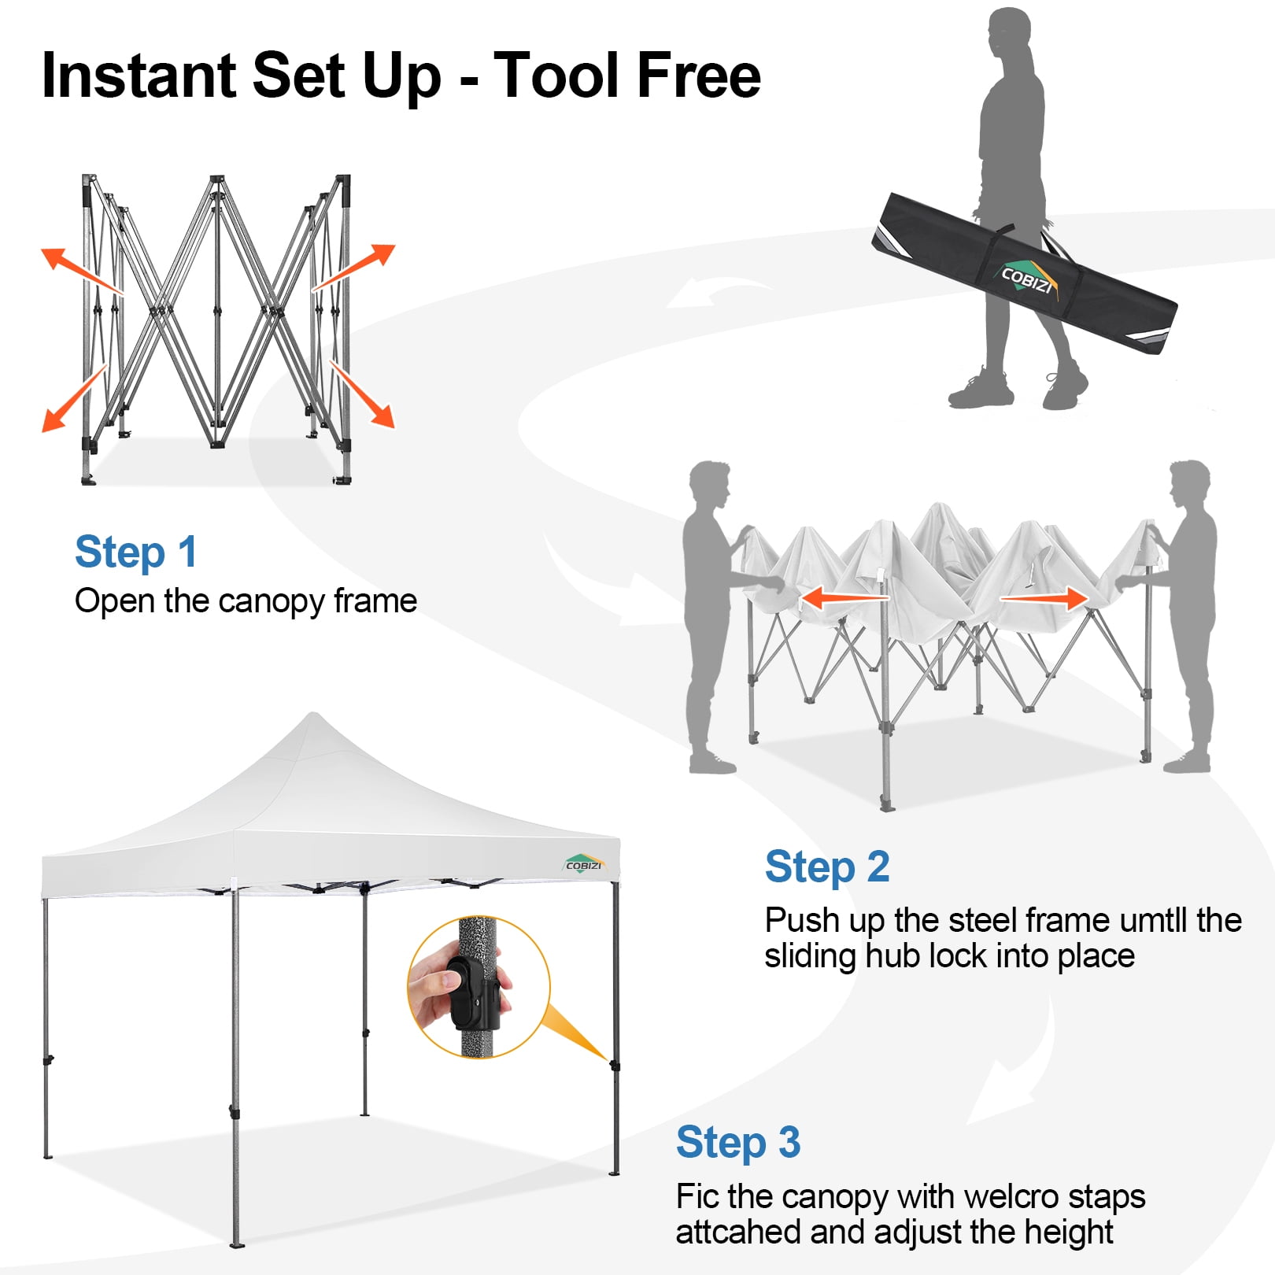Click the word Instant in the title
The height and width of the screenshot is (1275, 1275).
(x=139, y=76)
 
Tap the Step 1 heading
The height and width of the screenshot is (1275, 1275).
(x=135, y=552)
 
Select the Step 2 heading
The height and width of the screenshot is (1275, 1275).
(x=826, y=867)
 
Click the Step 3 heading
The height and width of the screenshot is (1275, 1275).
(x=737, y=1143)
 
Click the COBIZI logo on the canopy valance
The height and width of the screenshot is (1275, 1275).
(x=584, y=864)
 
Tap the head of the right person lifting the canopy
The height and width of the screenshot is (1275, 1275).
(x=1188, y=482)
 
